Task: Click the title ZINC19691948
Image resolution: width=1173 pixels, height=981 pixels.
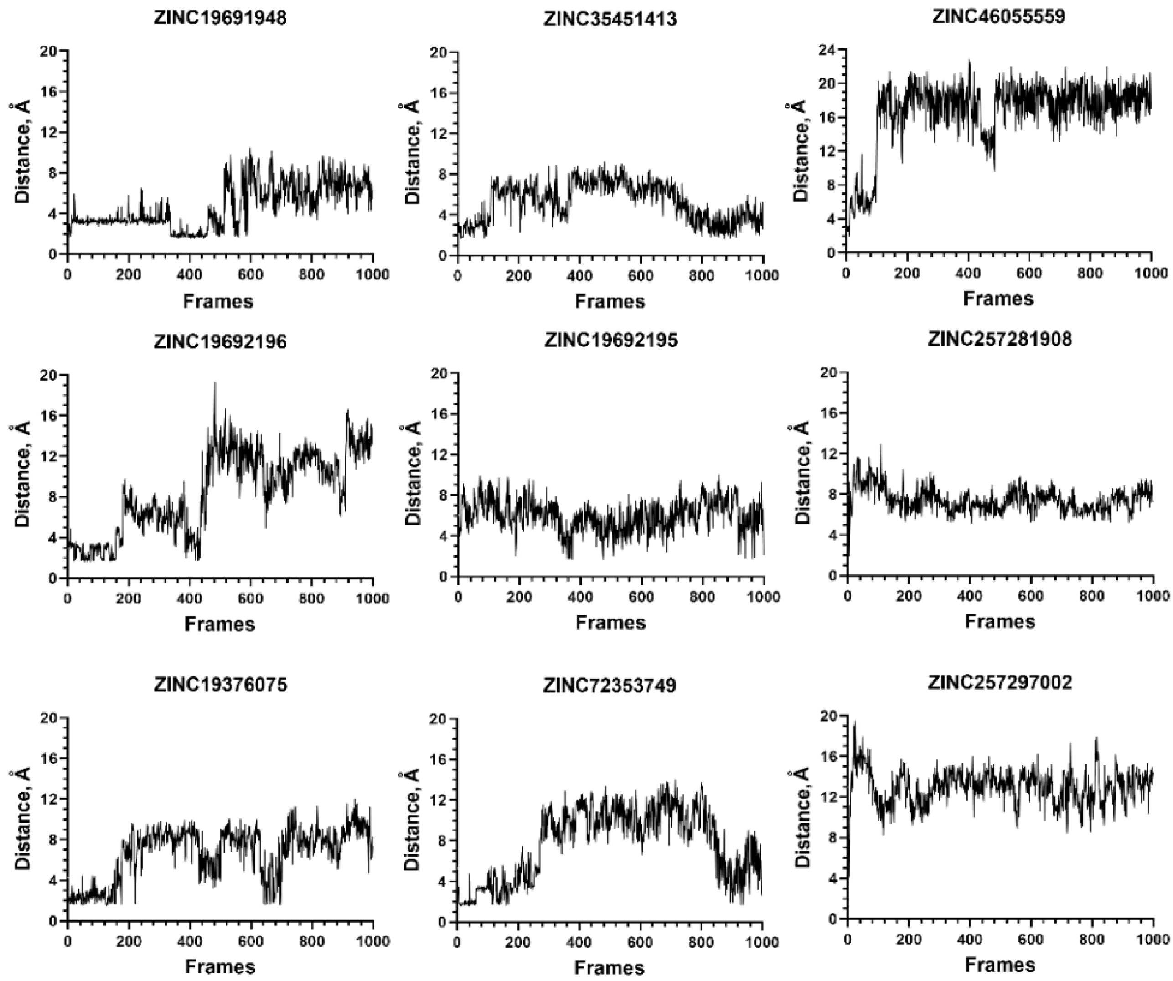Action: point(220,18)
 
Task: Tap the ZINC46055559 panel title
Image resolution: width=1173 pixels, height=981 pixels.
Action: point(999,16)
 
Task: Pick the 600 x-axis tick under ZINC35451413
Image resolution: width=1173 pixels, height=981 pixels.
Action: point(640,276)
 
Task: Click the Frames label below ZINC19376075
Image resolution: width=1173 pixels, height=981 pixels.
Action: point(220,966)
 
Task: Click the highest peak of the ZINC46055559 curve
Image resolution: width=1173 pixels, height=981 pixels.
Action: point(970,61)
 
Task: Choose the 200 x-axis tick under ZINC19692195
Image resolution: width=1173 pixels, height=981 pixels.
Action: point(519,597)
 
